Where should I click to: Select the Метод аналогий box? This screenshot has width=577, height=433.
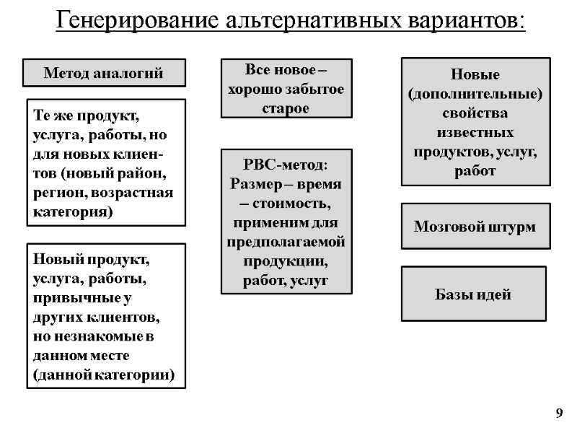coord(104,73)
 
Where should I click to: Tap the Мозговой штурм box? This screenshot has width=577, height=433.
coord(475,227)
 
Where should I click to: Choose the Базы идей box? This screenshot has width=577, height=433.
coord(474,294)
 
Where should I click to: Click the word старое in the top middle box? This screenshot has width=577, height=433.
coord(286,108)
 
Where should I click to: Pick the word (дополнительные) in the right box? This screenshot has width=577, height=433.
coord(475,95)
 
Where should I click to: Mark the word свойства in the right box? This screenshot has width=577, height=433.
coord(475,114)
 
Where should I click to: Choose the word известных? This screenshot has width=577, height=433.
coord(475,134)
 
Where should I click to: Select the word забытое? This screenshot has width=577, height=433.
coord(311,89)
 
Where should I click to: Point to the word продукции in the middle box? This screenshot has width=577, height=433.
coord(286,260)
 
